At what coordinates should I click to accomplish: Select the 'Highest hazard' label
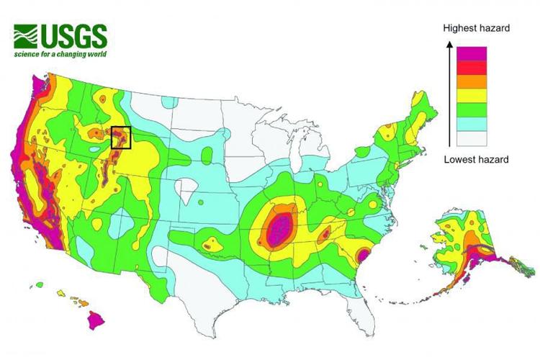[x=476, y=28]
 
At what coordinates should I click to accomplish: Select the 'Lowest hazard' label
[x=476, y=159]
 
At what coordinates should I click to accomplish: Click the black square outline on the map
[x=120, y=137]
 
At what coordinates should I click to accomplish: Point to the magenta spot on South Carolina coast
[x=364, y=256]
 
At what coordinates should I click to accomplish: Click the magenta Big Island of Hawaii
[x=97, y=319]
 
